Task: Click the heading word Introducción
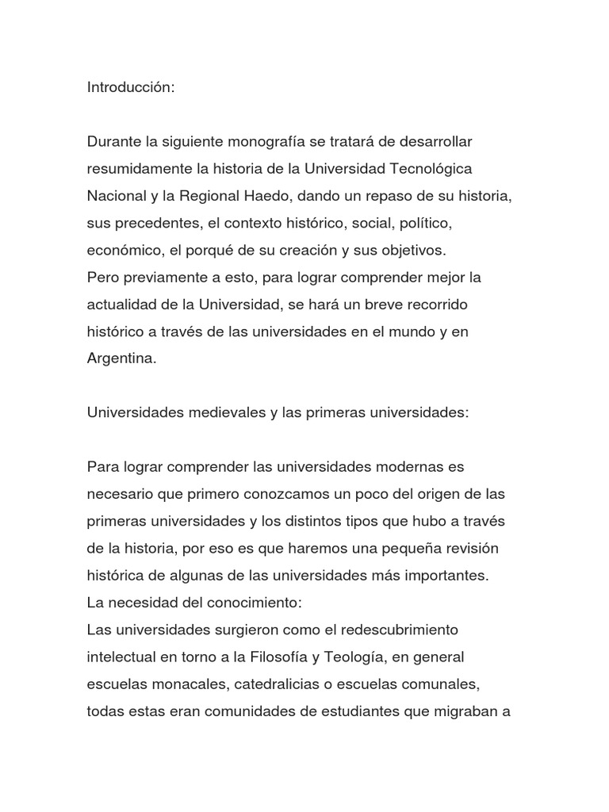click(129, 87)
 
